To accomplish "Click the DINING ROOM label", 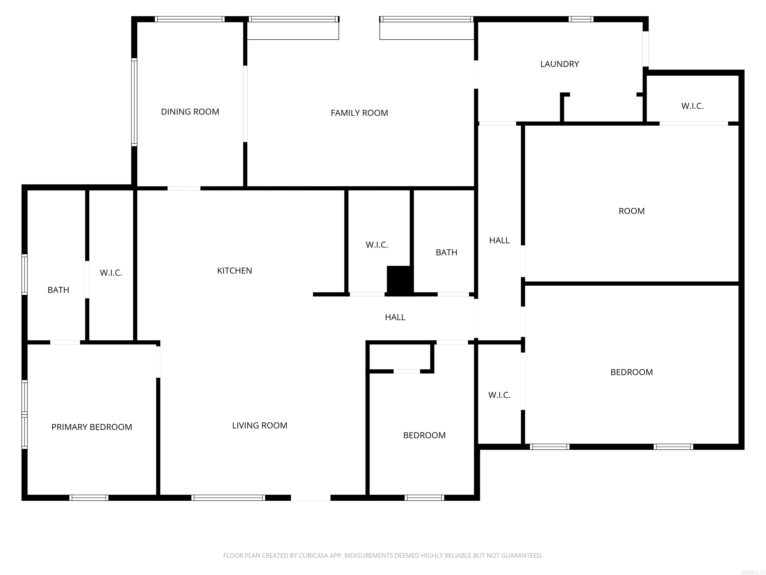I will pyautogui.click(x=190, y=112).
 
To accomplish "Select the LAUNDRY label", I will pyautogui.click(x=559, y=64).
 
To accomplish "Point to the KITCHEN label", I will pyautogui.click(x=234, y=271).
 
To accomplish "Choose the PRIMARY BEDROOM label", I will pyautogui.click(x=92, y=427).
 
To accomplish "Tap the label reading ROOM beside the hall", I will pyautogui.click(x=631, y=211).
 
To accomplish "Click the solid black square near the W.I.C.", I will pyautogui.click(x=399, y=280).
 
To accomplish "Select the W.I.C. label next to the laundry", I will pyautogui.click(x=692, y=106).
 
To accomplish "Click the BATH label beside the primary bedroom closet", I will pyautogui.click(x=58, y=290).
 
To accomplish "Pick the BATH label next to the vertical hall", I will pyautogui.click(x=446, y=253).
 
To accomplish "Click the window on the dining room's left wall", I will pyautogui.click(x=134, y=102).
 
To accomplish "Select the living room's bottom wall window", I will pyautogui.click(x=228, y=498).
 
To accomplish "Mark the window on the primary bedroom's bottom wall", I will pyautogui.click(x=89, y=498).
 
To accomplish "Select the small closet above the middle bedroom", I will pyautogui.click(x=400, y=357).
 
